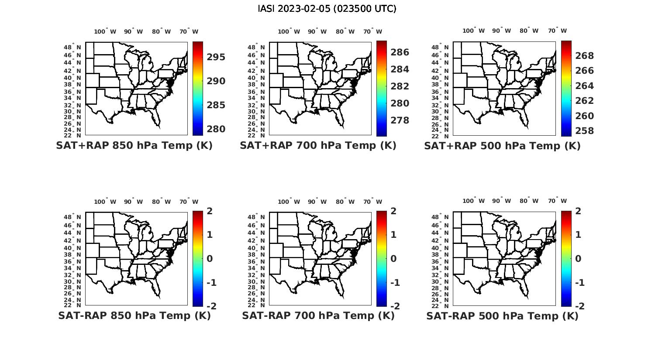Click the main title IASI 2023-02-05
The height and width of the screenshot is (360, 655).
coord(327,9)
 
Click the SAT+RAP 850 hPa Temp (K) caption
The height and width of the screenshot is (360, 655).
coord(134,146)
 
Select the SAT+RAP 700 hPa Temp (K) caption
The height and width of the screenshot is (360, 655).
coord(318,146)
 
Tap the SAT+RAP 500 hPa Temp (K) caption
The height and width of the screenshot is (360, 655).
coord(502,146)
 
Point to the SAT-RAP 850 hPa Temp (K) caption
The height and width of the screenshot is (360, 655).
coord(134,315)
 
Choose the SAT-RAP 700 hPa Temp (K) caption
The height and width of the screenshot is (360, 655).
coord(318,315)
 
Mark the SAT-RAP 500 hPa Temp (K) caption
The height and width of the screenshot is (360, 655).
coord(502,315)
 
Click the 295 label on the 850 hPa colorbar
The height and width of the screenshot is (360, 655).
coord(216,57)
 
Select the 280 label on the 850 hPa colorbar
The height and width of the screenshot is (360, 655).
coord(216,129)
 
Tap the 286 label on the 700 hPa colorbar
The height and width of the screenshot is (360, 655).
coord(400,52)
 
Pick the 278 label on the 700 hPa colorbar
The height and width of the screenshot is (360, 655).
coord(400,120)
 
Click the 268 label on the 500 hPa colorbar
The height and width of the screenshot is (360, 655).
coord(584,56)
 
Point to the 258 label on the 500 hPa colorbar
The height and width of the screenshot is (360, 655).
coord(584,131)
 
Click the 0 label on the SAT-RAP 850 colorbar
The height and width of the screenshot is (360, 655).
coord(210,259)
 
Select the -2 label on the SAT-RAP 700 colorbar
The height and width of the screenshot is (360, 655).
coord(395,306)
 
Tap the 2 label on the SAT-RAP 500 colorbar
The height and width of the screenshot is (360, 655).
coord(578,211)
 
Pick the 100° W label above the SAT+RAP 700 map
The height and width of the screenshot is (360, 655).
coord(289,31)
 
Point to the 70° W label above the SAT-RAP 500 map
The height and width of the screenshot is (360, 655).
coord(557,201)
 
